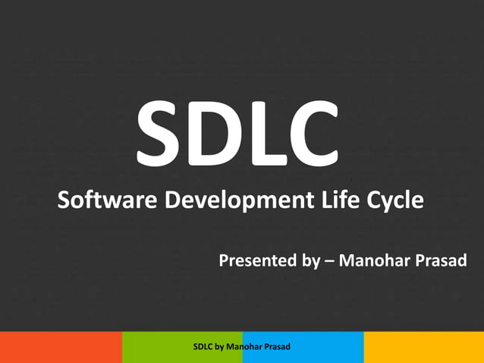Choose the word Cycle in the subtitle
395,203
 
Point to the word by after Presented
310,263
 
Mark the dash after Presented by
328,262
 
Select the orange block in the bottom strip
61,347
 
